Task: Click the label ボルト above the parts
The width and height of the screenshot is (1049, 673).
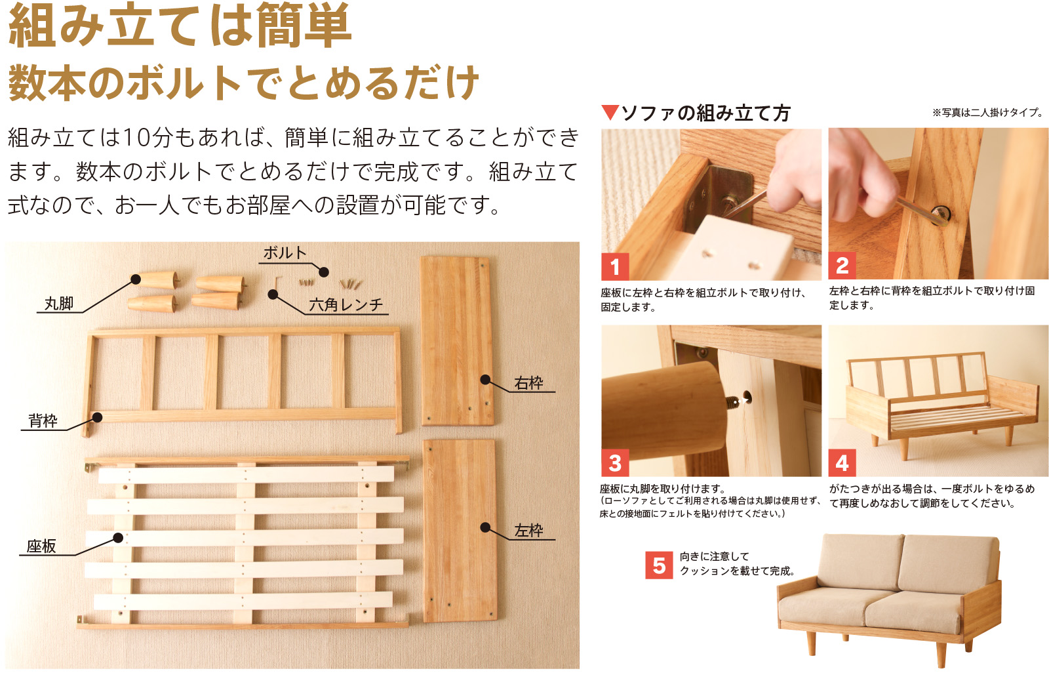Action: pyautogui.click(x=285, y=253)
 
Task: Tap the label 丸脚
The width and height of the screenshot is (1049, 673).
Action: pyautogui.click(x=59, y=304)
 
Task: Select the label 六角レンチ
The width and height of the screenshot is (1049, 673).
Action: pyautogui.click(x=346, y=305)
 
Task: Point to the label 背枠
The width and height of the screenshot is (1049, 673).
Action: pyautogui.click(x=43, y=421)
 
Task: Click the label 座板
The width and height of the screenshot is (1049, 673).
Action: pyautogui.click(x=41, y=546)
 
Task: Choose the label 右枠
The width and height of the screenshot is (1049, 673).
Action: pyautogui.click(x=529, y=383)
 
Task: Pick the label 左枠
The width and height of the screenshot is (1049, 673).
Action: pyautogui.click(x=529, y=531)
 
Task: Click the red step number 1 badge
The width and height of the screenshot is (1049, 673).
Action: pyautogui.click(x=615, y=266)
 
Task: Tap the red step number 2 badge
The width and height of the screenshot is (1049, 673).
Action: pyautogui.click(x=842, y=266)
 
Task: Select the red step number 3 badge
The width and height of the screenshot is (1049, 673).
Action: pyautogui.click(x=615, y=463)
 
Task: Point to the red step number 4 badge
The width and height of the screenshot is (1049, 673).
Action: pyautogui.click(x=842, y=463)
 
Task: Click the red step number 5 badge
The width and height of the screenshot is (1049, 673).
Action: pyautogui.click(x=659, y=565)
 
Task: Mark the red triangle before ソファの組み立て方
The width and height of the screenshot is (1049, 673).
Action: pyautogui.click(x=610, y=113)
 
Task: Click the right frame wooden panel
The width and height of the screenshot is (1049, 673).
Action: pyautogui.click(x=457, y=340)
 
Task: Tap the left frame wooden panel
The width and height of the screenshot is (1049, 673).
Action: pyautogui.click(x=459, y=530)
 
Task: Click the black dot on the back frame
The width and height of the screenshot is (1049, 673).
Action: pyautogui.click(x=97, y=417)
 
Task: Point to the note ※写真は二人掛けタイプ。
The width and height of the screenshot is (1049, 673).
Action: pyautogui.click(x=987, y=113)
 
